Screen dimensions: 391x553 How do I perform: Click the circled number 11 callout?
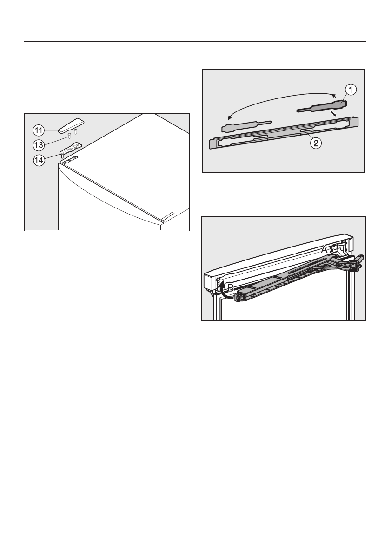[39, 130]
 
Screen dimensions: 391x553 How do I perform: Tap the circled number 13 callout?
[39, 145]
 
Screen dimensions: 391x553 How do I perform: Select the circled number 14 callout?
[39, 160]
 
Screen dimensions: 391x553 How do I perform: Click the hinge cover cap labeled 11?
[72, 126]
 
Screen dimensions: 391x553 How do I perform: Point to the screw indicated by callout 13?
[70, 136]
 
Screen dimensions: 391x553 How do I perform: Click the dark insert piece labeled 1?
[322, 106]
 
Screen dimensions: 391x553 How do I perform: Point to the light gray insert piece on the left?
[246, 125]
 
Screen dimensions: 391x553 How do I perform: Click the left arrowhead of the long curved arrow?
[230, 117]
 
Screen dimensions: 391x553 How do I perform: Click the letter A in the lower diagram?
[325, 250]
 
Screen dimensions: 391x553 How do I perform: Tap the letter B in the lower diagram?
[231, 288]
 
